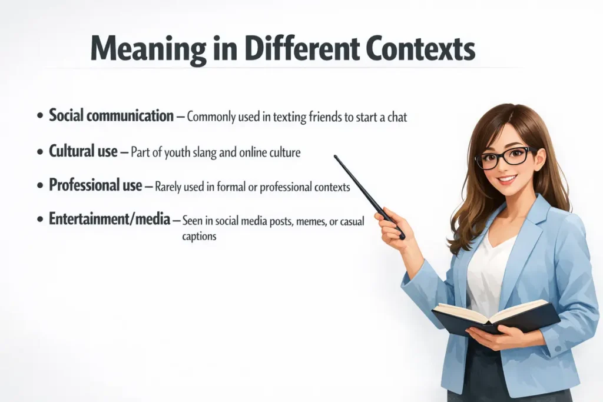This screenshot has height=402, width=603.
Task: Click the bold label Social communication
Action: (111, 115)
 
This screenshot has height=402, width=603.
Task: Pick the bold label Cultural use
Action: (83, 151)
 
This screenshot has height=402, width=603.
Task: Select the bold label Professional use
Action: (95, 186)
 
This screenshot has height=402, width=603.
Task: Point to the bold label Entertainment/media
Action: (110, 220)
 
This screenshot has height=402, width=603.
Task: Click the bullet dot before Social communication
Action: (39, 117)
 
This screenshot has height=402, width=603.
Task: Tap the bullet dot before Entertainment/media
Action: (39, 221)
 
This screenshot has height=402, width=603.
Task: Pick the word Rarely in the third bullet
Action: (170, 187)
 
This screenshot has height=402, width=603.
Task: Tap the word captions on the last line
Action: (200, 237)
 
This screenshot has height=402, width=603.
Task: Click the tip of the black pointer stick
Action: (336, 157)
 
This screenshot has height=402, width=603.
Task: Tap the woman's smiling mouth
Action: (507, 180)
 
